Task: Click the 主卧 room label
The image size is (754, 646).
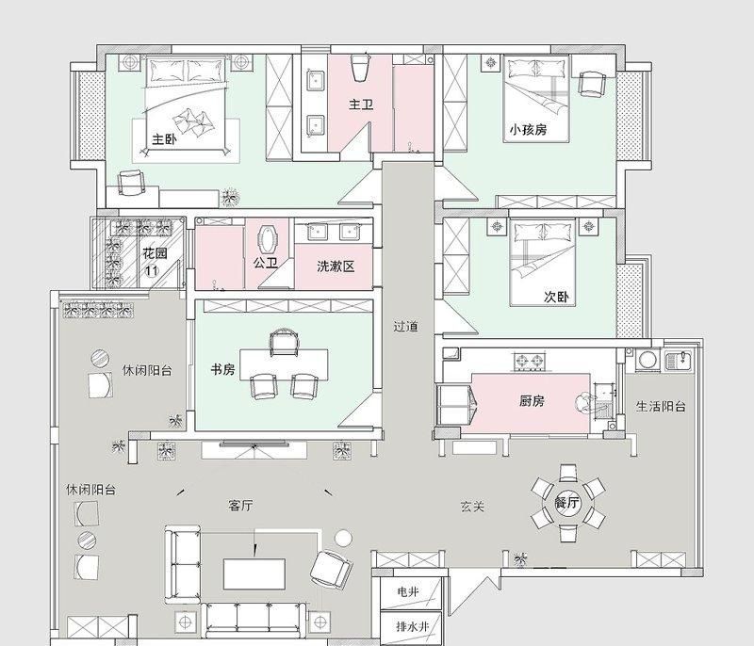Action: point(164,139)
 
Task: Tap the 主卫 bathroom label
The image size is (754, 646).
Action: point(361,105)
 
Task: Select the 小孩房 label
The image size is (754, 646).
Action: point(528,130)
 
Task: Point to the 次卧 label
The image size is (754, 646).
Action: point(556,297)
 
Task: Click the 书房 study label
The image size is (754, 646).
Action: point(222,369)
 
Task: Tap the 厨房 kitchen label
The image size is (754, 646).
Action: point(532,400)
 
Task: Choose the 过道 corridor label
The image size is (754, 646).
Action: point(405,327)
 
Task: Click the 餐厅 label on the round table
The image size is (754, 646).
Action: point(567,502)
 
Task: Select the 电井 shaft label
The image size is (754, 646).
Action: point(408,591)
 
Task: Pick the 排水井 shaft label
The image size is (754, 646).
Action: point(412,626)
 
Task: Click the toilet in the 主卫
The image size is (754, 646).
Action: point(361,68)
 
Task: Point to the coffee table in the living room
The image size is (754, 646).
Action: point(254,573)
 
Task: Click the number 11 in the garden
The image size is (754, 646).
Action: point(152,270)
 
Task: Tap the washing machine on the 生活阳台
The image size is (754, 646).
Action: point(648,361)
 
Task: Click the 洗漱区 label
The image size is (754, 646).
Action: point(336,266)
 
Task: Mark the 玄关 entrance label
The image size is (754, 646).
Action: point(472,507)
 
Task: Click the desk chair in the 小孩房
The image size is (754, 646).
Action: point(591,84)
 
